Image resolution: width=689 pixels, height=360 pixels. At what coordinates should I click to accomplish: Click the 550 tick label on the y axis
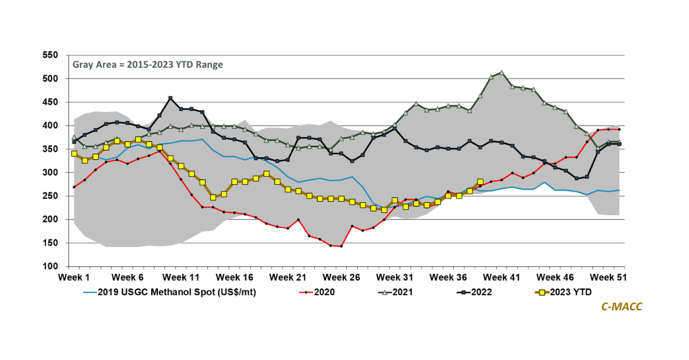(51, 55)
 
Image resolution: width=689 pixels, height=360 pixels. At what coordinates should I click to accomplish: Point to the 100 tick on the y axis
(51, 266)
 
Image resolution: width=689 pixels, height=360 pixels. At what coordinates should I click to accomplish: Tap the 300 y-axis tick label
(51, 172)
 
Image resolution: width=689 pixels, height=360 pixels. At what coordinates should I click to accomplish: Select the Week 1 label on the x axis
(74, 277)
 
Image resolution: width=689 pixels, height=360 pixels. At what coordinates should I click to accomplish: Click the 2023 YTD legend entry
(572, 292)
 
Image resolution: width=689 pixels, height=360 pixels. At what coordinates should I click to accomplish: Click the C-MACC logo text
(622, 307)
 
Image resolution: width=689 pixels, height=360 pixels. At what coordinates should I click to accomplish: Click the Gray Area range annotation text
(148, 64)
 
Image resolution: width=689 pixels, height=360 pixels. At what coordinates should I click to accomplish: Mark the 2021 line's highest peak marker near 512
(501, 73)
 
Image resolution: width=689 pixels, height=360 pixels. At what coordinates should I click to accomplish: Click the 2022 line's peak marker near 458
(171, 98)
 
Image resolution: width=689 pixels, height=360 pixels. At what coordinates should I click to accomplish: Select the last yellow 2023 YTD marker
(480, 182)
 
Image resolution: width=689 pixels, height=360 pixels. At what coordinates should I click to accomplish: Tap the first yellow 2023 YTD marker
(74, 153)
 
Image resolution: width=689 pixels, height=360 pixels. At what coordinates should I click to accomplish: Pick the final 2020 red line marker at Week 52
(619, 129)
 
